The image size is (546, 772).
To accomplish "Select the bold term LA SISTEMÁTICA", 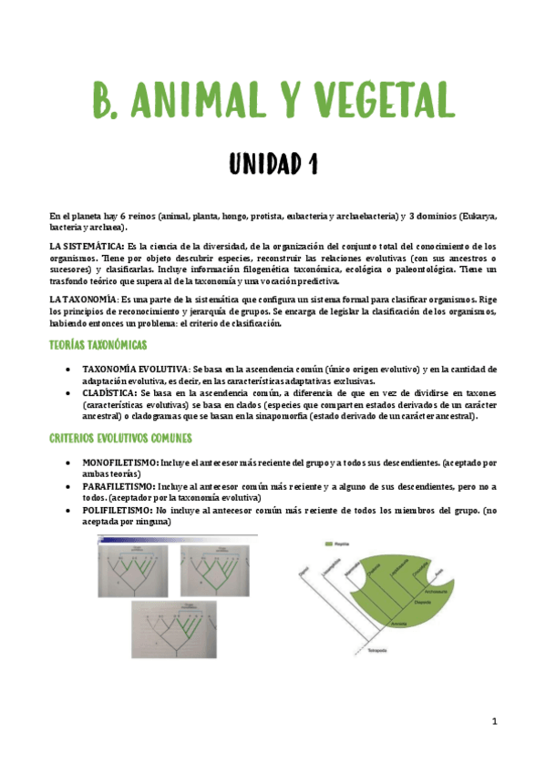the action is pos(87,246).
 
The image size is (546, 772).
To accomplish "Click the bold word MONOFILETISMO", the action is pos(120,463).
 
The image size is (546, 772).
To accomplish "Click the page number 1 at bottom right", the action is pos(494,722).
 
